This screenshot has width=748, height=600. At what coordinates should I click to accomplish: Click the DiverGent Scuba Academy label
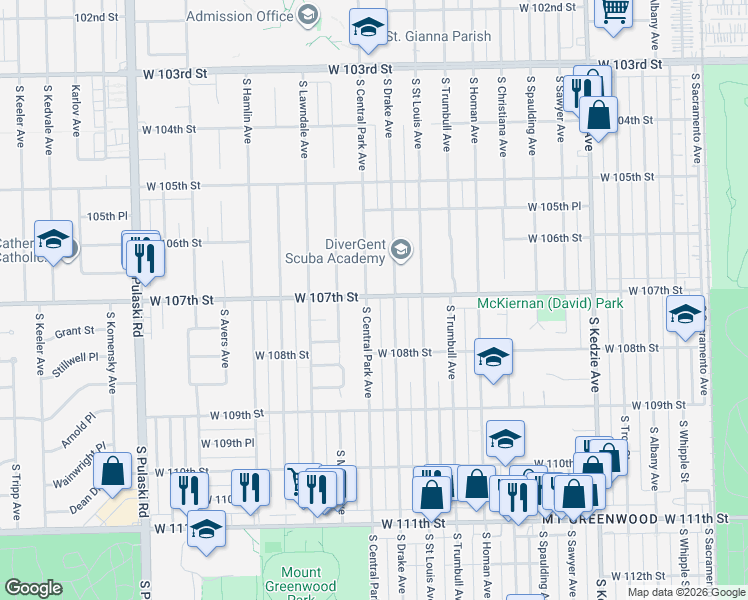[354, 250]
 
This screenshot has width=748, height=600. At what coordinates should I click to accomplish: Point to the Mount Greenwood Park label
[294, 580]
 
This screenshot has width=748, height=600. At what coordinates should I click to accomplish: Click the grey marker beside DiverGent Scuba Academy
[401, 250]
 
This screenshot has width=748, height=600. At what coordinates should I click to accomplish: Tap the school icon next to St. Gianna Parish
[368, 28]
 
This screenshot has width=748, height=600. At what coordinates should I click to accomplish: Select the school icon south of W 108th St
[493, 358]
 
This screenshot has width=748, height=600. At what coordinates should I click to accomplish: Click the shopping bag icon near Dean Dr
[114, 472]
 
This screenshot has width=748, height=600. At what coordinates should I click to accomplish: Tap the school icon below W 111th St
[207, 529]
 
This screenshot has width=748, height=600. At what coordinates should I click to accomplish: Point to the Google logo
[33, 588]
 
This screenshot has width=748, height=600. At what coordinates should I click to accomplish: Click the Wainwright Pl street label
[78, 466]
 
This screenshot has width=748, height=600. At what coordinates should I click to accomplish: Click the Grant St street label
[74, 332]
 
